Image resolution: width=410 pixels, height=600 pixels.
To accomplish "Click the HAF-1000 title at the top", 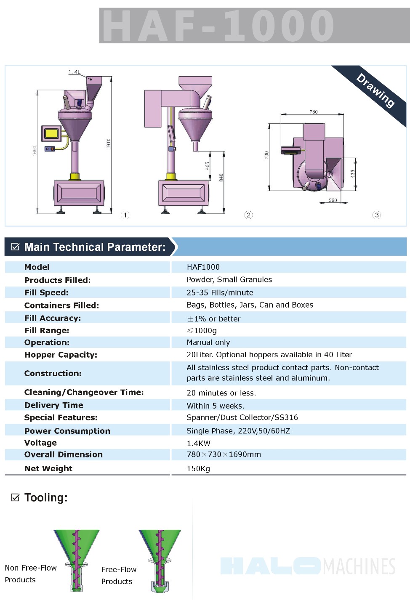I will (x=218, y=26).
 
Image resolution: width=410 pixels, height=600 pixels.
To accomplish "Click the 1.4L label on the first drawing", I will (x=74, y=72).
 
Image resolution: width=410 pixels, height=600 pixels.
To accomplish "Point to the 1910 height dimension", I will (x=108, y=143).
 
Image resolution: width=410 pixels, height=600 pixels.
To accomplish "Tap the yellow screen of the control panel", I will (x=51, y=133).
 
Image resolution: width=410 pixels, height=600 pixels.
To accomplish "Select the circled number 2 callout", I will (x=248, y=215).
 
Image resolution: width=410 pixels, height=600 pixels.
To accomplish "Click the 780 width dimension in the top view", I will (x=314, y=112).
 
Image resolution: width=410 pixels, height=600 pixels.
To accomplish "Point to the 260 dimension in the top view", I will (x=333, y=200).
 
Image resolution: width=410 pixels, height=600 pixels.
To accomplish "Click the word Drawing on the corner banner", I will (x=375, y=90).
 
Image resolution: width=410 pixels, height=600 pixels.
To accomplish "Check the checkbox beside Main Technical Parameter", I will (x=15, y=247).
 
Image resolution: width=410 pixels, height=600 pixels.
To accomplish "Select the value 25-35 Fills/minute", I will (x=220, y=292).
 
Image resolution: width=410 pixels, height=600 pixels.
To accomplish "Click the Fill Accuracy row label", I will (x=53, y=318).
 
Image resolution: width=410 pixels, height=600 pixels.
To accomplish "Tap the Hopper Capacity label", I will (x=61, y=355).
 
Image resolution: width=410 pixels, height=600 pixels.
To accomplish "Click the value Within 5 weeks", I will (x=215, y=406).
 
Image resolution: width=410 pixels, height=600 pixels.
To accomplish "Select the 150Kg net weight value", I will (x=198, y=468).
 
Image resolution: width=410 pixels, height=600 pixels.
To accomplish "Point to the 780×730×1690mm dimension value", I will (x=224, y=454).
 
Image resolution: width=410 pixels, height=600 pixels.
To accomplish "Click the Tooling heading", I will (x=45, y=497).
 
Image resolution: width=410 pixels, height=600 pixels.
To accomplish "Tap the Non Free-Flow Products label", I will (x=30, y=573).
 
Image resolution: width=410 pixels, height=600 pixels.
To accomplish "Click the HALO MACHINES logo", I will (x=308, y=566).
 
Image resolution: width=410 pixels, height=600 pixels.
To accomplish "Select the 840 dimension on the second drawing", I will (x=221, y=178).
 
